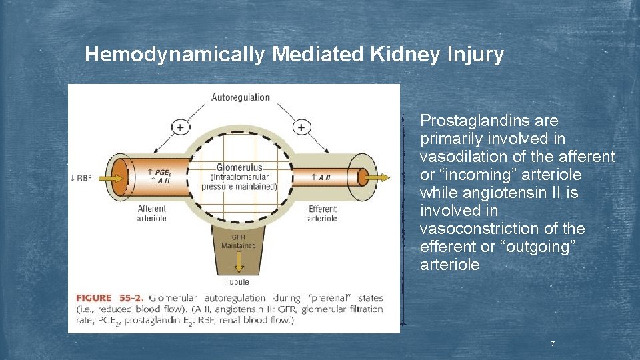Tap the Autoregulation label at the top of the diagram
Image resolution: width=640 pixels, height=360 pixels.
point(241,97)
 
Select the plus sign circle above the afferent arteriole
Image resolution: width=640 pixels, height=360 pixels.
point(180,127)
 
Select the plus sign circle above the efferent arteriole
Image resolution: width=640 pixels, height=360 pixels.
point(302,127)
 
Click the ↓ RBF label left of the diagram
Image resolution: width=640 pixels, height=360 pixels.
point(81,177)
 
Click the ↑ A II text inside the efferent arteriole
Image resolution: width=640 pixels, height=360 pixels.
point(321,177)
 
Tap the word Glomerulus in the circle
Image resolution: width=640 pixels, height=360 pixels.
point(239,167)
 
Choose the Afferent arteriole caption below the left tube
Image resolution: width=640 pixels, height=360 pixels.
point(152,213)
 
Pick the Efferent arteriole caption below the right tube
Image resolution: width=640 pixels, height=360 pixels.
point(322,213)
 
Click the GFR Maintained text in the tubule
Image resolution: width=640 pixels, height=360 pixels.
point(238,241)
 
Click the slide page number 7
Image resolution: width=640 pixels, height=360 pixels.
point(552,344)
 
